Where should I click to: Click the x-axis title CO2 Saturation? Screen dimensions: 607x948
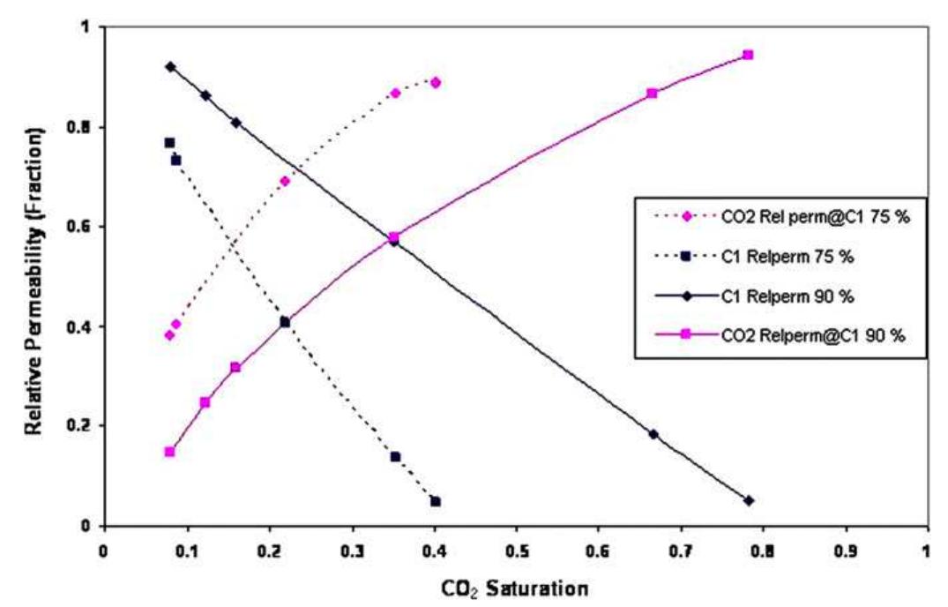click(x=517, y=586)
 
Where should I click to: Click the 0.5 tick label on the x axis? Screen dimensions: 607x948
click(x=516, y=544)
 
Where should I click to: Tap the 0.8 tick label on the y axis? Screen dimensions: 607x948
click(x=84, y=127)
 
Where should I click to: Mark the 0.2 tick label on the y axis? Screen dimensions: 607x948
click(x=84, y=426)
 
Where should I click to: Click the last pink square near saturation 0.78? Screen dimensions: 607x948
click(x=748, y=55)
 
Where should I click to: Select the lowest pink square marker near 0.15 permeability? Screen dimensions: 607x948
click(x=169, y=452)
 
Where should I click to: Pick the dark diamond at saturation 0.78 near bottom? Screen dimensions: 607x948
click(x=749, y=500)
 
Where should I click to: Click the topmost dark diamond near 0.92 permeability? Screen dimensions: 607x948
click(x=170, y=67)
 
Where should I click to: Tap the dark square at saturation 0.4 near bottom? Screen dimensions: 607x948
click(x=435, y=501)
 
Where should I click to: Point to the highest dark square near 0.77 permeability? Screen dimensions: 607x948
click(x=169, y=143)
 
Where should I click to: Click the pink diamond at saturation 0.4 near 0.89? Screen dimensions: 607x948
click(x=435, y=82)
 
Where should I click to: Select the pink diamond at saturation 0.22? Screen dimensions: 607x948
click(x=285, y=181)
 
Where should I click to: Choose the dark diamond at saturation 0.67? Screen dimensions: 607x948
click(x=653, y=434)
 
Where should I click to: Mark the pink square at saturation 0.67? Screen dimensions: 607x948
click(x=653, y=93)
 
